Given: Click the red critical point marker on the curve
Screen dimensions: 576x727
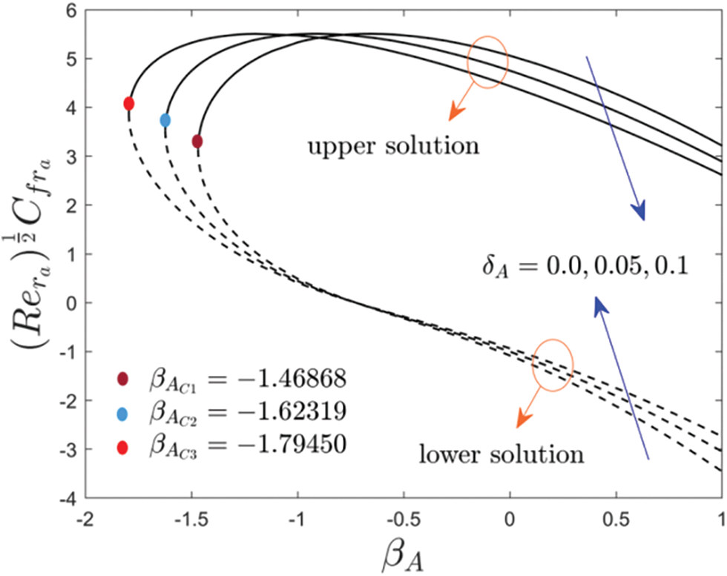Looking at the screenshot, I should tap(128, 104).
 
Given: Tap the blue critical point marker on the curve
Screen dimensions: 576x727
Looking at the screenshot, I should tap(165, 119).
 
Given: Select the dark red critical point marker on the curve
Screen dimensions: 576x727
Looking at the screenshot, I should tap(197, 141).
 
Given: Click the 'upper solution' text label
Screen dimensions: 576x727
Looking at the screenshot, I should tap(392, 146).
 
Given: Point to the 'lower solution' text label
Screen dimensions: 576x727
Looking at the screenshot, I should tap(502, 453).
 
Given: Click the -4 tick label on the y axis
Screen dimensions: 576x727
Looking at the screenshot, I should tap(67, 497).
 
